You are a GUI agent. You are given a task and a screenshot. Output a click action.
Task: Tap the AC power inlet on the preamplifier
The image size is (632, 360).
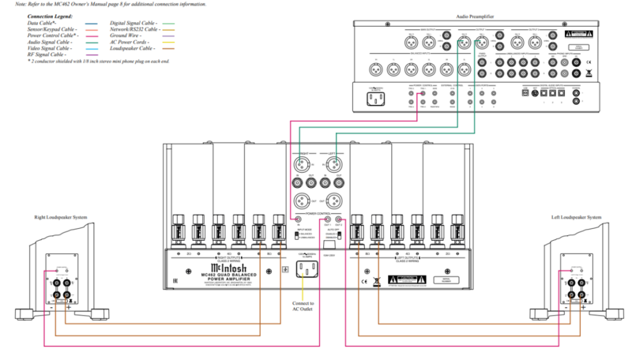tap(375, 99)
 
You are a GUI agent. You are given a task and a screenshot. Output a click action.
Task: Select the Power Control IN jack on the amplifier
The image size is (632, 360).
tap(298, 220)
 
